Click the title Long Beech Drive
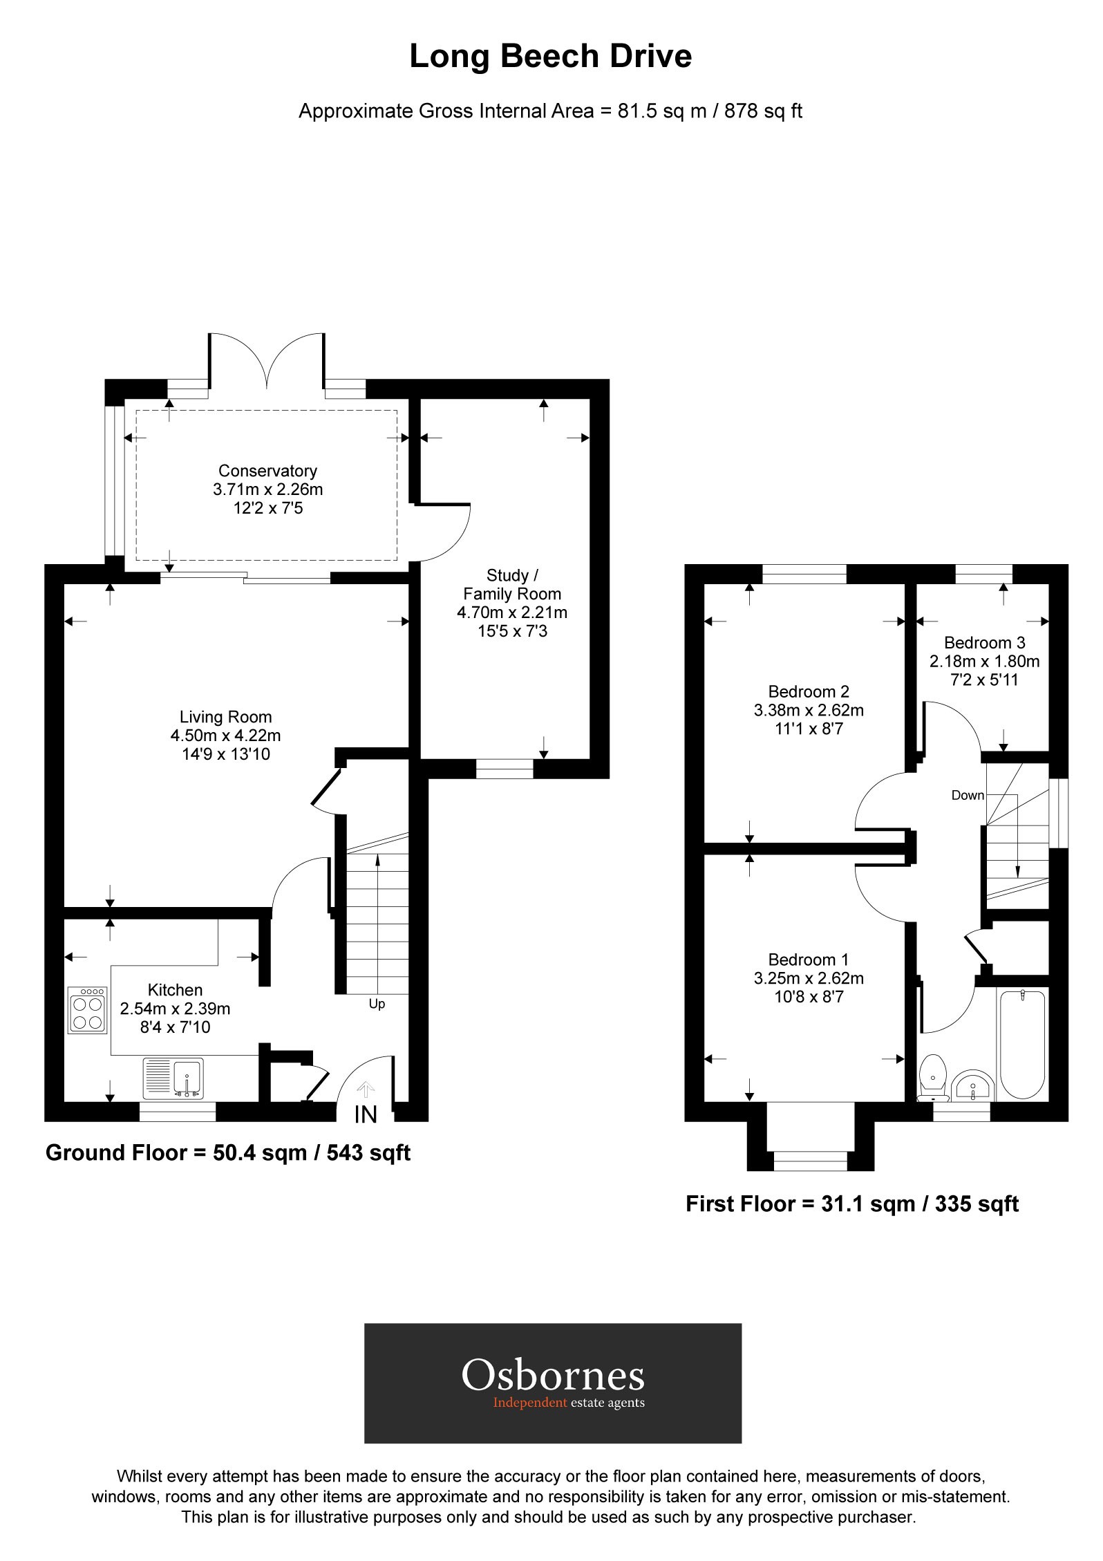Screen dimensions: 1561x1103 [550, 57]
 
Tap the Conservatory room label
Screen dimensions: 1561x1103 [267, 471]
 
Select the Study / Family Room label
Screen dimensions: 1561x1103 [511, 584]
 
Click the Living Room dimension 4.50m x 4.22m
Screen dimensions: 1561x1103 [225, 736]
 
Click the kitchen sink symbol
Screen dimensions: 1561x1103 [173, 1078]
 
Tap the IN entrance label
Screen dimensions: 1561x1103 [366, 1114]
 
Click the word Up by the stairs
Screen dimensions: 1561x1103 [377, 1004]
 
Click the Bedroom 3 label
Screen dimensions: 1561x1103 [984, 642]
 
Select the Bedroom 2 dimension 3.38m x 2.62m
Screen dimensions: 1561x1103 [809, 710]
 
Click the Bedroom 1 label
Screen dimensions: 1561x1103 [808, 960]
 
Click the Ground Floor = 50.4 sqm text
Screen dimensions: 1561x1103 [227, 1152]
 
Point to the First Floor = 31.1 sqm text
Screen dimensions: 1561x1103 [851, 1204]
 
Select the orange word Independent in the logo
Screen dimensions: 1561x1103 [529, 1403]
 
